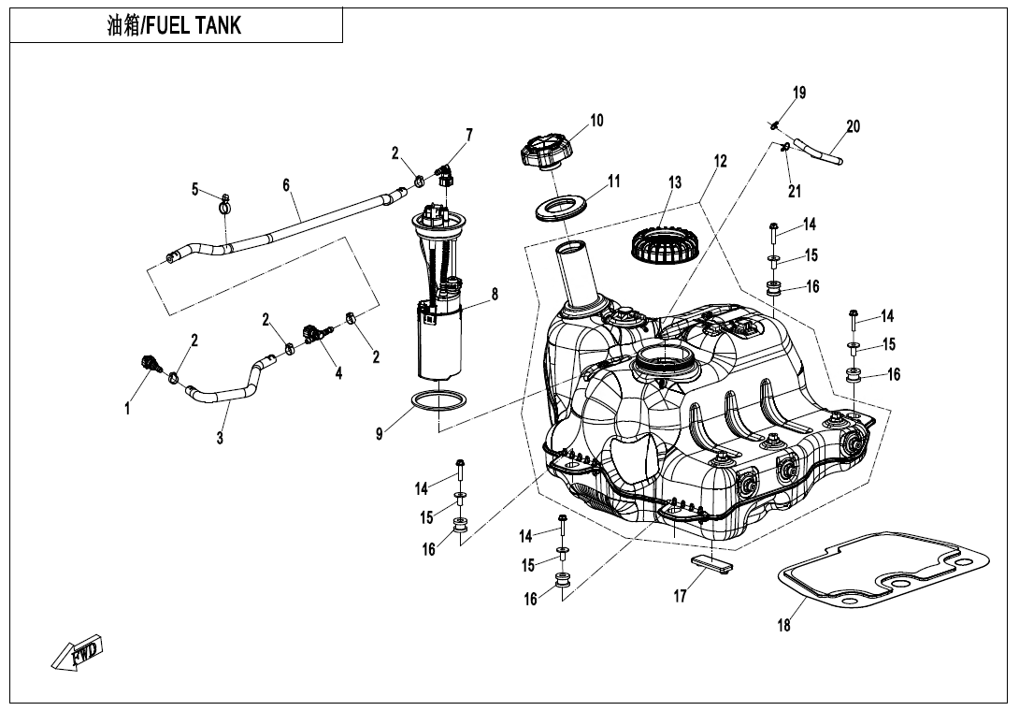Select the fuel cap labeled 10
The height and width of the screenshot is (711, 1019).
[x=541, y=152]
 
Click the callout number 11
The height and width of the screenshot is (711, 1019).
[x=613, y=181]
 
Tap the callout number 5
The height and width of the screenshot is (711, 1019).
[x=195, y=190]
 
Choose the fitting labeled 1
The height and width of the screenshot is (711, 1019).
[x=148, y=363]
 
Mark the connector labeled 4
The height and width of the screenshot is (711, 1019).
[x=313, y=332]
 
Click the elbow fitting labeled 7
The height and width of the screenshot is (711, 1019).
[x=447, y=174]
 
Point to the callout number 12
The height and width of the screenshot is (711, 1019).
[x=720, y=161]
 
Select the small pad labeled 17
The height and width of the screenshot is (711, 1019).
[x=712, y=563]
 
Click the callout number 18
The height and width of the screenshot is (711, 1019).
[x=783, y=625]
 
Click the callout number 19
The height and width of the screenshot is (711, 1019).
[x=798, y=93]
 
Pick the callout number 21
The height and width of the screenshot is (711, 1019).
[x=795, y=192]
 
